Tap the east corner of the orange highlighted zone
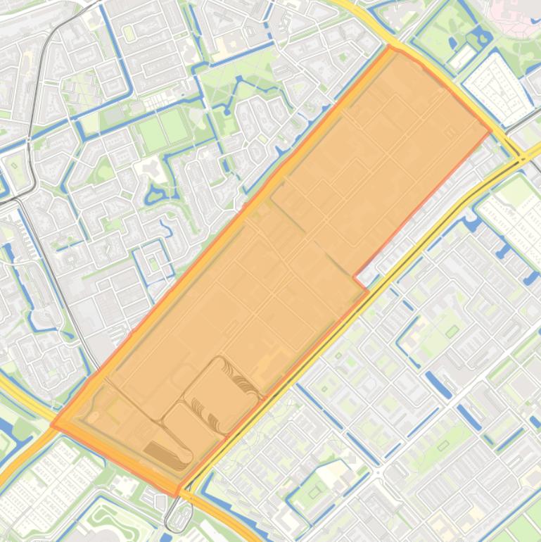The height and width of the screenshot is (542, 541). (490, 132)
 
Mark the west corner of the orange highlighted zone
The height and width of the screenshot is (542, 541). (53, 425)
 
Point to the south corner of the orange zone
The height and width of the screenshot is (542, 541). (177, 495)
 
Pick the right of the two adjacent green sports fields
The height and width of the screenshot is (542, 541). (173, 125)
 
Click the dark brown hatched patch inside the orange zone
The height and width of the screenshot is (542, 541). (167, 455)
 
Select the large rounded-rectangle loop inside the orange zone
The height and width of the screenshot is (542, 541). (219, 394)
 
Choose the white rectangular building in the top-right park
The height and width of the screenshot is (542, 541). (462, 57)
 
